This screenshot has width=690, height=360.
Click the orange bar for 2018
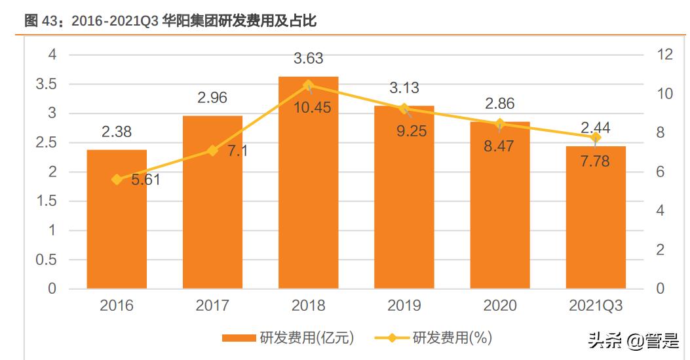[308, 197]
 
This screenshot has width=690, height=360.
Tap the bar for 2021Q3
[595, 223]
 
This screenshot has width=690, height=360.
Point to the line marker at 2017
[212, 150]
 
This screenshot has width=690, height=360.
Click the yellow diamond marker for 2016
[117, 179]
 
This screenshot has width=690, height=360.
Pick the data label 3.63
[308, 59]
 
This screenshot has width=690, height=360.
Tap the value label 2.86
[499, 104]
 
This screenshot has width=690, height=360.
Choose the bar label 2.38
[117, 132]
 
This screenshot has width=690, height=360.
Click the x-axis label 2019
[404, 306]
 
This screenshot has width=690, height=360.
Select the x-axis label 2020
[499, 306]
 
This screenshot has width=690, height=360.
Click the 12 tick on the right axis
[664, 54]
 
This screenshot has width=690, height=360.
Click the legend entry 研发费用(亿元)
[288, 338]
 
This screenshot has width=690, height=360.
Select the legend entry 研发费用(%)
[433, 338]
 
